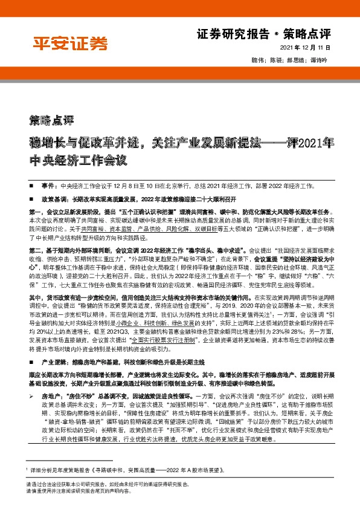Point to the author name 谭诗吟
click(320, 60)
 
